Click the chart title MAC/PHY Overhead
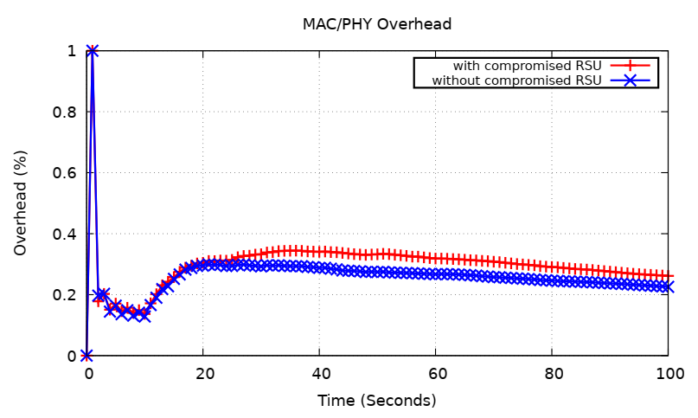click(376, 24)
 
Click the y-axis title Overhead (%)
click(20, 203)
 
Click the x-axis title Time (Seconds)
click(376, 401)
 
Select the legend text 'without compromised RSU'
click(516, 80)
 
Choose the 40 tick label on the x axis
click(319, 374)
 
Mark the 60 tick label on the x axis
click(435, 374)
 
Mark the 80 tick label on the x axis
click(552, 374)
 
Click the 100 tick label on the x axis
click(668, 374)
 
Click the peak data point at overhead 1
click(93, 51)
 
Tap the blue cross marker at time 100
click(667, 286)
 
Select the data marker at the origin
click(86, 356)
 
